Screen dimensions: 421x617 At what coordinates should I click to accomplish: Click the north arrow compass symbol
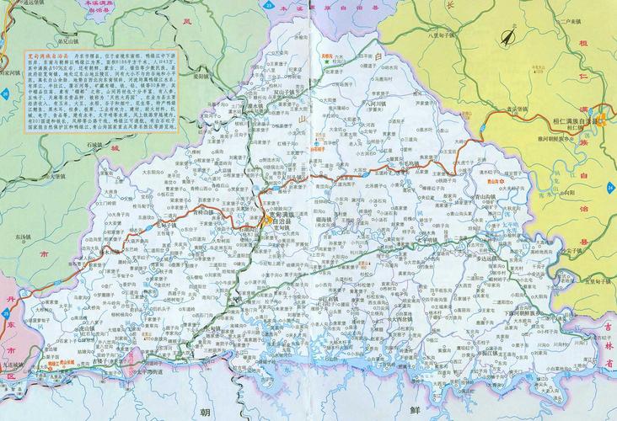pyautogui.click(x=508, y=37)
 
